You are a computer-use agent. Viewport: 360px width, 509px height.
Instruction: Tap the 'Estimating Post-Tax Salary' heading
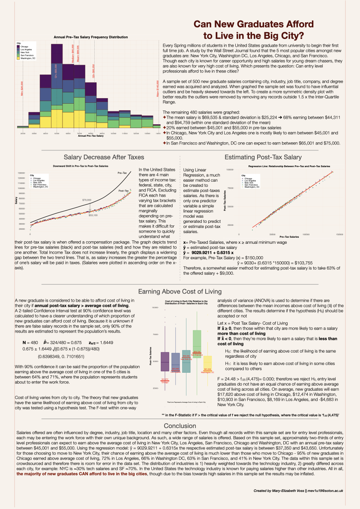pyautogui.click(x=263, y=157)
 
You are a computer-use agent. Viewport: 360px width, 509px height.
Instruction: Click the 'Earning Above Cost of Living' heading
pyautogui.click(x=180, y=292)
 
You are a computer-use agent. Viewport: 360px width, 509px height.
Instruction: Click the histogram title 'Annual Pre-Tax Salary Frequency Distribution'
pyautogui.click(x=90, y=38)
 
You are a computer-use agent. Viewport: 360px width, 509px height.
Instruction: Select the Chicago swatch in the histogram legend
pyautogui.click(x=18, y=46)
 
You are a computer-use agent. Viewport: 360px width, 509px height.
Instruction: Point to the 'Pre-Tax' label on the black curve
pyautogui.click(x=123, y=173)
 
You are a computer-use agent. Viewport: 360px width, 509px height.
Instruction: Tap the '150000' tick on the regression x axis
pyautogui.click(x=339, y=234)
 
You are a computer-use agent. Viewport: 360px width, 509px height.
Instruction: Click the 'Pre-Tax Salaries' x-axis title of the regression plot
pyautogui.click(x=290, y=237)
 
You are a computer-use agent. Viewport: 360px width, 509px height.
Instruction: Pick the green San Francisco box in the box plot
pyautogui.click(x=197, y=344)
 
